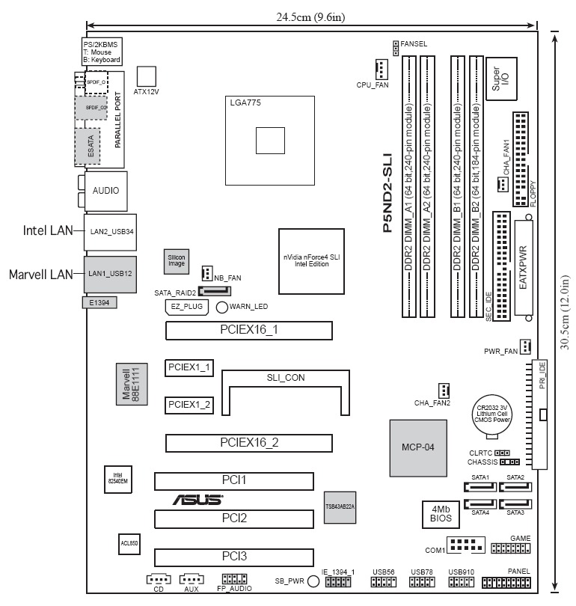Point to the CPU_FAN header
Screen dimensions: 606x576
pos(382,70)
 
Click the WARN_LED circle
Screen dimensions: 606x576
pos(222,307)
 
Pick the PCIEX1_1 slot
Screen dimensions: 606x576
pos(189,367)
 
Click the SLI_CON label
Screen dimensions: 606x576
pos(285,378)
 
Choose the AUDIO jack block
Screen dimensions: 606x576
pos(105,191)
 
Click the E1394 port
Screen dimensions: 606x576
pos(99,303)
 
